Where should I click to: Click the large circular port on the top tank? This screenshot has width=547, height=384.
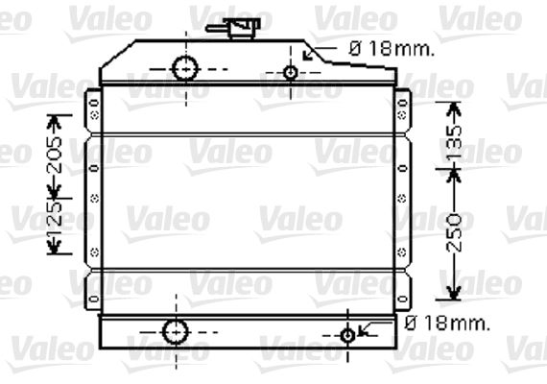click(185, 69)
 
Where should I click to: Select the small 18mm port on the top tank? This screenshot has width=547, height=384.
click(291, 73)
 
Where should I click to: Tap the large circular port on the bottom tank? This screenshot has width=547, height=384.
click(176, 331)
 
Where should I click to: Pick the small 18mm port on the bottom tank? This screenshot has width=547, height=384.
click(347, 336)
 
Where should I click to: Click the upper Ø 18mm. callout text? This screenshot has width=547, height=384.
click(392, 49)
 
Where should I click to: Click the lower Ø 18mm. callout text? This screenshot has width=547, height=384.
click(447, 324)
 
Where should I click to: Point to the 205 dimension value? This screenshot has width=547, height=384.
click(55, 155)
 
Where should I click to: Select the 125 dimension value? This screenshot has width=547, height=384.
click(55, 218)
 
